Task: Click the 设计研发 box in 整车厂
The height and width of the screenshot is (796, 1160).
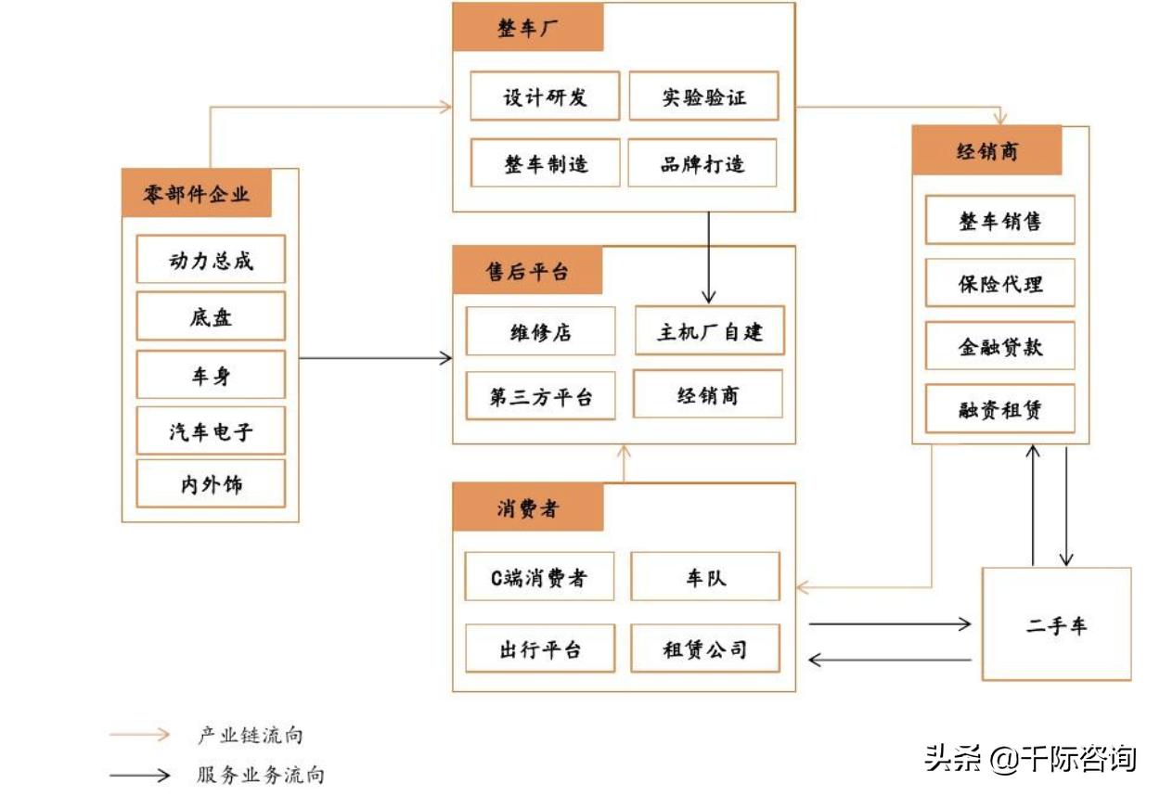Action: click(x=545, y=96)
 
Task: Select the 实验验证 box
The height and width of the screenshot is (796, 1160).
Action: click(x=703, y=96)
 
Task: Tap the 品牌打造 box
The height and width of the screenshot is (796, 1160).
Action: click(x=702, y=164)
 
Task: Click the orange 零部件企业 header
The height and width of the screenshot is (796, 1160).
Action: click(x=197, y=194)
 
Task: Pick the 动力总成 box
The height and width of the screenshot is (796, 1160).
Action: click(x=211, y=260)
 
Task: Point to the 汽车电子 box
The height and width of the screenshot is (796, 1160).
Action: click(x=211, y=430)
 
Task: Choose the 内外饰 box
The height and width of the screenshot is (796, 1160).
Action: click(x=211, y=483)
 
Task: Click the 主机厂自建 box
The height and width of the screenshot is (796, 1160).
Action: click(x=709, y=331)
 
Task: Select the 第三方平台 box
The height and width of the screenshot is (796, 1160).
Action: click(x=540, y=397)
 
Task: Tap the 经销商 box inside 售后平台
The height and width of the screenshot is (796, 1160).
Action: click(x=707, y=395)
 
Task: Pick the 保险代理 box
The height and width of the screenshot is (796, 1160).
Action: click(x=999, y=283)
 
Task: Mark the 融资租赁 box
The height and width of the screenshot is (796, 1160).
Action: click(x=999, y=409)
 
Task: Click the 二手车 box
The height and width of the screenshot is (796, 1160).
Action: click(x=1056, y=625)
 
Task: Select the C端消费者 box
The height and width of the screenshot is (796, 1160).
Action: click(x=539, y=578)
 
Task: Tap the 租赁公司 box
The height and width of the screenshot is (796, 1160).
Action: click(x=704, y=648)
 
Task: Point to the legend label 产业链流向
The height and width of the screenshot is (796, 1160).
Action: click(x=250, y=736)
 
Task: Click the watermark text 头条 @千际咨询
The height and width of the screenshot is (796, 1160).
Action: click(x=1030, y=759)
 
